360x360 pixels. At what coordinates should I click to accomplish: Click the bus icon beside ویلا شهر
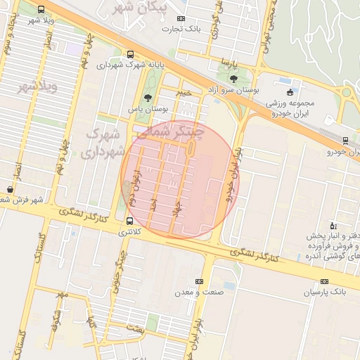click(x=41, y=10)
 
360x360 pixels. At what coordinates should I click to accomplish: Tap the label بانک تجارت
click(x=181, y=29)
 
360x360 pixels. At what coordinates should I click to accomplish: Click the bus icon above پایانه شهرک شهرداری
click(x=130, y=54)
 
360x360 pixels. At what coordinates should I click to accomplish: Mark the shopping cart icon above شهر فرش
click(x=10, y=188)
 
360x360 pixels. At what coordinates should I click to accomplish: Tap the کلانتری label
click(x=129, y=231)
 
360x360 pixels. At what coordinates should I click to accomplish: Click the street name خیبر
click(x=184, y=92)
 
